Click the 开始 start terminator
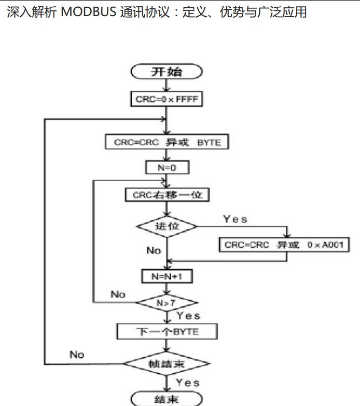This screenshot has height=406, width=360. pyautogui.click(x=166, y=72)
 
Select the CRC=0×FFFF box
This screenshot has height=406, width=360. pyautogui.click(x=166, y=99)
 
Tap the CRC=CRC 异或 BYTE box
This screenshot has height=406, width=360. pyautogui.click(x=167, y=142)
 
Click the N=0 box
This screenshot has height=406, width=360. pyautogui.click(x=167, y=168)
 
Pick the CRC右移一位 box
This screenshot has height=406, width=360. pyautogui.click(x=167, y=195)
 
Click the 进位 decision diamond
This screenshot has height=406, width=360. pyautogui.click(x=167, y=226)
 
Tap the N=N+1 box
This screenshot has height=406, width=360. pyautogui.click(x=167, y=277)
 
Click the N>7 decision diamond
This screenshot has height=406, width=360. pyautogui.click(x=167, y=302)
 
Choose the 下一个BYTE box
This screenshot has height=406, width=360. pyautogui.click(x=167, y=331)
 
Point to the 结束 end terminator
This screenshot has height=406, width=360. pyautogui.click(x=166, y=399)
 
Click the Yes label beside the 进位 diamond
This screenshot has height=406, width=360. pyautogui.click(x=235, y=219)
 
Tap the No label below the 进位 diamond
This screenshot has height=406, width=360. pyautogui.click(x=154, y=251)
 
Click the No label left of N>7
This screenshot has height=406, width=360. pyautogui.click(x=118, y=294)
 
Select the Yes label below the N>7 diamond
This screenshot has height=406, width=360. pyautogui.click(x=188, y=316)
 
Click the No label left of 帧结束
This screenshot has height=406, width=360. pyautogui.click(x=77, y=355)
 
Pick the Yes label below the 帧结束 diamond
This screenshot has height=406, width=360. pyautogui.click(x=187, y=383)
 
